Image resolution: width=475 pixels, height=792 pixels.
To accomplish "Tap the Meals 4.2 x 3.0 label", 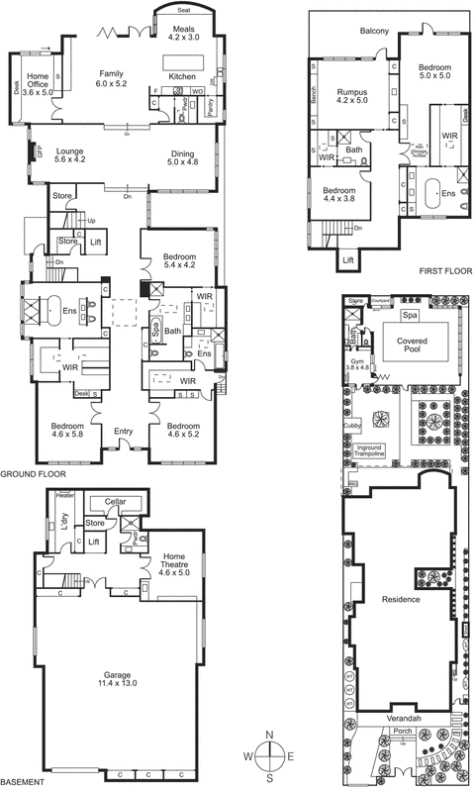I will [183, 34].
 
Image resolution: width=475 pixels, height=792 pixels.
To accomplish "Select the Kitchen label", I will [183, 76].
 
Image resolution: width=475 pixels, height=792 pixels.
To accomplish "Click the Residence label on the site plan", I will [394, 599].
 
